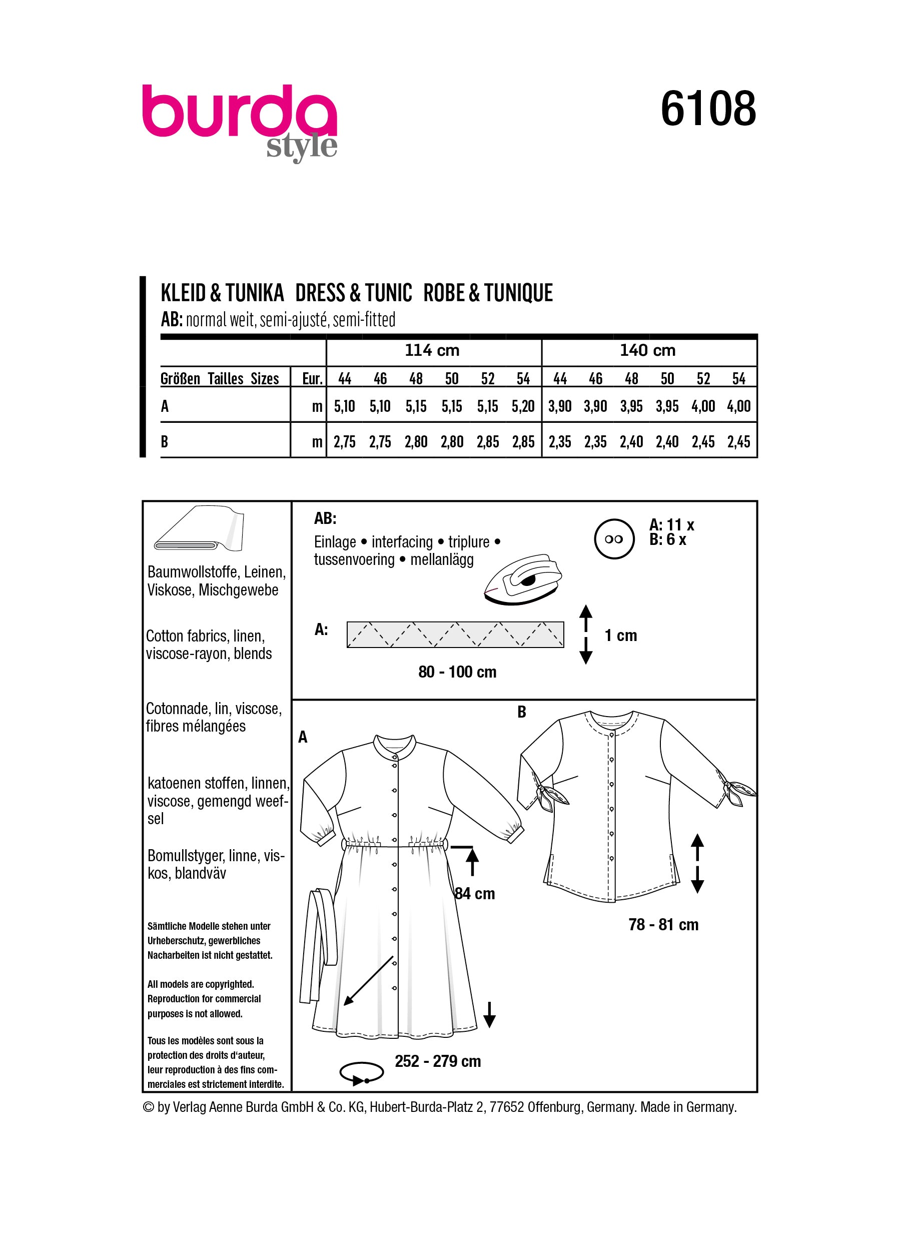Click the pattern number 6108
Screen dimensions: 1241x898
click(x=708, y=110)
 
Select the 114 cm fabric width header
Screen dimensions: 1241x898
click(x=432, y=350)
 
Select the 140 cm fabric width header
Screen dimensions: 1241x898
click(x=647, y=350)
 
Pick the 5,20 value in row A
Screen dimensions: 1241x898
click(x=523, y=406)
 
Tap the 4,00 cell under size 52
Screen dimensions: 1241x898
click(x=703, y=406)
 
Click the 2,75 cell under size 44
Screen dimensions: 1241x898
click(x=345, y=442)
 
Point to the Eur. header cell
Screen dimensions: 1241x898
click(x=312, y=379)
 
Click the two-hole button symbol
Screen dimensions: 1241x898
click(x=614, y=539)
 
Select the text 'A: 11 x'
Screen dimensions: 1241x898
click(x=671, y=525)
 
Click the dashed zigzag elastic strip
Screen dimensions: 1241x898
click(x=455, y=635)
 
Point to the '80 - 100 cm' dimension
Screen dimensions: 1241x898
click(x=457, y=672)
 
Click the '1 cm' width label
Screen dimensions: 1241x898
click(x=621, y=636)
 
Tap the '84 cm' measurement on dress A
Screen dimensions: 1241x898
click(x=475, y=894)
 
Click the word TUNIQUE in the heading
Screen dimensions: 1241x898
click(x=518, y=293)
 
